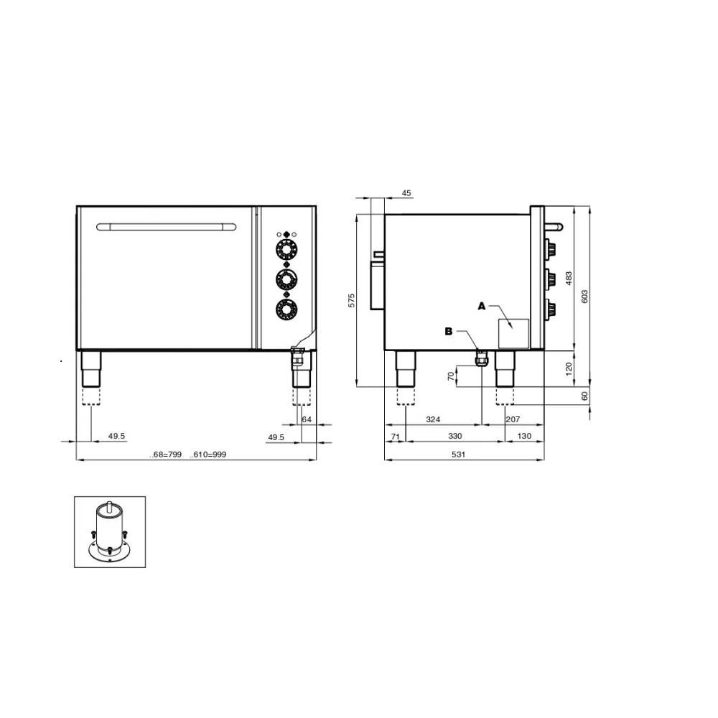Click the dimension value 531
pyautogui.click(x=458, y=454)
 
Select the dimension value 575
pyautogui.click(x=352, y=301)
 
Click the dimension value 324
pyautogui.click(x=433, y=418)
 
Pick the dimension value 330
pyautogui.click(x=455, y=436)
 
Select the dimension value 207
pyautogui.click(x=513, y=418)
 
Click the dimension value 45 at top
pyautogui.click(x=406, y=192)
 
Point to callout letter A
pyautogui.click(x=482, y=306)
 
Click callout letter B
pyautogui.click(x=449, y=331)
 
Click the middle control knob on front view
pyautogui.click(x=286, y=279)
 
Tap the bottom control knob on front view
pyautogui.click(x=286, y=309)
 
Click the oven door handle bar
pyautogui.click(x=167, y=227)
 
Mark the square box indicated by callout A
pyautogui.click(x=513, y=333)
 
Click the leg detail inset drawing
pyautogui.click(x=110, y=532)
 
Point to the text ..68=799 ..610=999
pyautogui.click(x=187, y=454)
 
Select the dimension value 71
pyautogui.click(x=395, y=436)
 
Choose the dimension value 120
pyautogui.click(x=569, y=367)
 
